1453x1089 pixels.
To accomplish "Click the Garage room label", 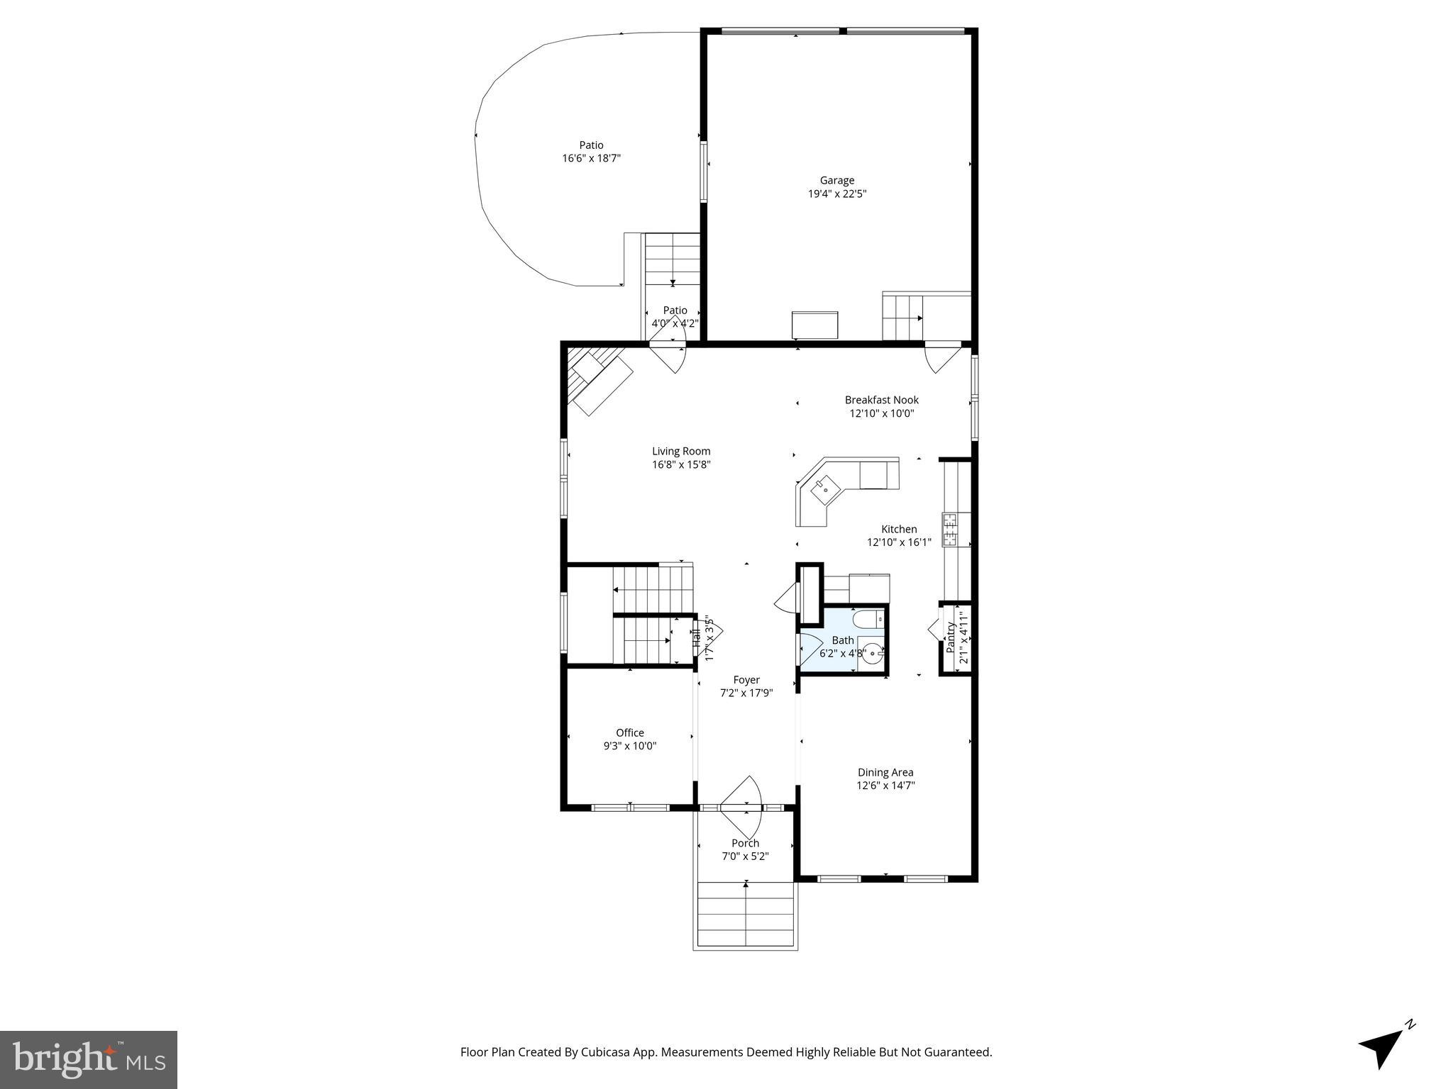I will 837,180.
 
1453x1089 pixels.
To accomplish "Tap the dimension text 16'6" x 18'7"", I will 591,159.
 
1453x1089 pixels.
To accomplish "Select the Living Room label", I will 681,451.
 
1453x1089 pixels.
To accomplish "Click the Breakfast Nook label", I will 881,400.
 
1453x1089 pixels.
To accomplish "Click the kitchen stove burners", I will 950,530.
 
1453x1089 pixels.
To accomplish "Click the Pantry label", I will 951,637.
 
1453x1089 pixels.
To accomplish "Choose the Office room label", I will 629,733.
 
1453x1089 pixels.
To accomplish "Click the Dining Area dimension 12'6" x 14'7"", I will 885,786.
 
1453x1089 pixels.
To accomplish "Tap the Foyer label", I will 746,680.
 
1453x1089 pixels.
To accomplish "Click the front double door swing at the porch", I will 743,805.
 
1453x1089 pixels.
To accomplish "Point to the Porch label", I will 745,843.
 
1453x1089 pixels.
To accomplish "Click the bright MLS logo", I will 89,1060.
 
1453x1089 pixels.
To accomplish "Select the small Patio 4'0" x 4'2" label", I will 675,311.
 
